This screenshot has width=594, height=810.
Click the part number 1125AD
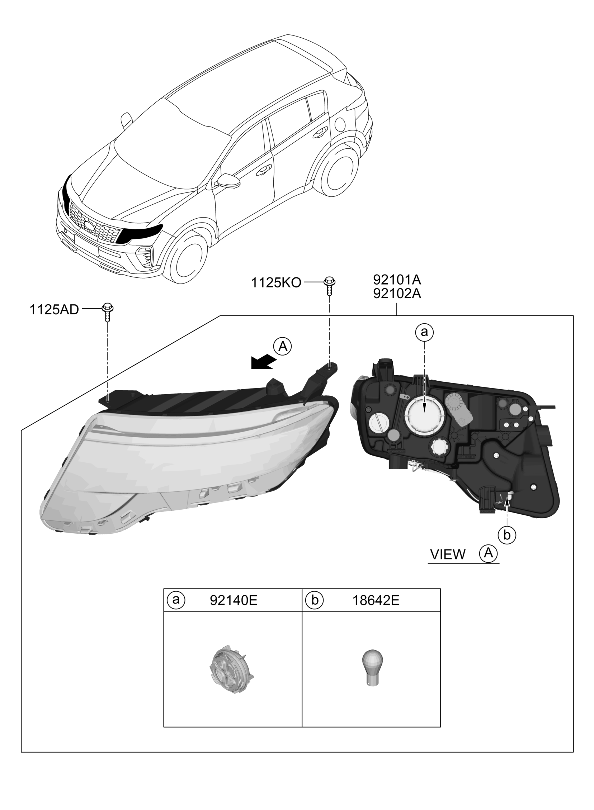(x=54, y=310)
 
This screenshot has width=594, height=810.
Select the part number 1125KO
(x=276, y=283)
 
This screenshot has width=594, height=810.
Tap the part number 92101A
(x=397, y=280)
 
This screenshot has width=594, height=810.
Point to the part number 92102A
(x=397, y=294)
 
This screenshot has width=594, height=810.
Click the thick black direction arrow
(x=263, y=362)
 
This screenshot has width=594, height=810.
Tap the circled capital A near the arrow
(x=283, y=346)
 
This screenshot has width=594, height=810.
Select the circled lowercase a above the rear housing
(x=424, y=332)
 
